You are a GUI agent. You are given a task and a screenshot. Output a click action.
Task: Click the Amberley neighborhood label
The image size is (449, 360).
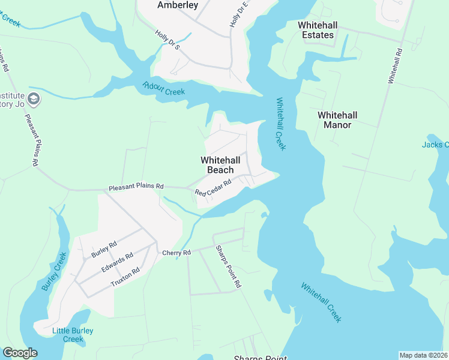click(x=177, y=5)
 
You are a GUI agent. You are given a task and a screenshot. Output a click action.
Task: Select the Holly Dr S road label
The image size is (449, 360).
click(x=167, y=40)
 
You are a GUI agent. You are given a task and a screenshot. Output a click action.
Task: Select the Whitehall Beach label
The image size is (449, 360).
click(x=220, y=165)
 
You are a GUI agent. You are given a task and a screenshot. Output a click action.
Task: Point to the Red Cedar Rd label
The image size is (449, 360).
click(x=213, y=188)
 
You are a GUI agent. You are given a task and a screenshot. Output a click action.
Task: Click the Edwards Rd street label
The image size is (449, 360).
click(x=117, y=262)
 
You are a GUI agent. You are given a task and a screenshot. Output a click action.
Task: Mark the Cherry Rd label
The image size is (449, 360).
click(x=176, y=253)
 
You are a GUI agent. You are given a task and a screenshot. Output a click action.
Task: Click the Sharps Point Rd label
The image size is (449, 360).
click(x=228, y=266)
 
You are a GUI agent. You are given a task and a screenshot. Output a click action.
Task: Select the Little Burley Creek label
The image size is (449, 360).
click(x=67, y=335)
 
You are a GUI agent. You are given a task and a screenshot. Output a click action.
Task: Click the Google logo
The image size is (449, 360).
click(x=20, y=353)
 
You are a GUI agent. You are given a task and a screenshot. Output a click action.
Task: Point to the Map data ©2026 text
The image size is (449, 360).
click(x=423, y=355)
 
